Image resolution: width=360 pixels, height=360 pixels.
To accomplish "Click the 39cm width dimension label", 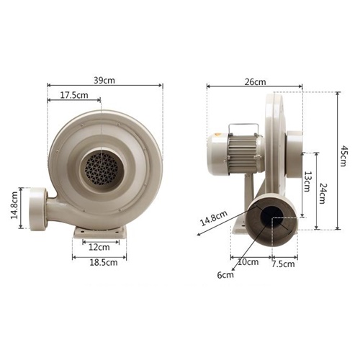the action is (104, 81).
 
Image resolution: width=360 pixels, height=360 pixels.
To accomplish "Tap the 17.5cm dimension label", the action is (74, 95).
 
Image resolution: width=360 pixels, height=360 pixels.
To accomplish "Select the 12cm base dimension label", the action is (99, 247).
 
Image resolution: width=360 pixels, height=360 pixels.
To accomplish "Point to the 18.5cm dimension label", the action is (104, 262).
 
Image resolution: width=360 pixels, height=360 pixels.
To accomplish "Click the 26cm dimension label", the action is (256, 82).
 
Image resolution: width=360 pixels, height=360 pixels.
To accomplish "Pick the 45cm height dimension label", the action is (343, 156).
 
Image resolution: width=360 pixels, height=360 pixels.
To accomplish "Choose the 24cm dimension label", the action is (323, 193).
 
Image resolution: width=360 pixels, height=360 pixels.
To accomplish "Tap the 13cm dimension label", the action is (307, 181).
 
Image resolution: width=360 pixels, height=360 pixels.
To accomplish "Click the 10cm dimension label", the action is (248, 262).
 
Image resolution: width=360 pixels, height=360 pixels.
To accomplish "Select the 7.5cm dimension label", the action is (283, 264).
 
